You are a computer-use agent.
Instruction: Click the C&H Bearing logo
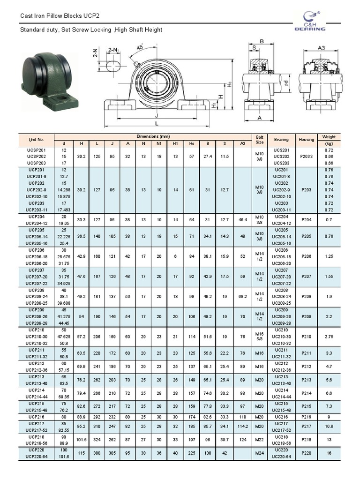click(309, 21)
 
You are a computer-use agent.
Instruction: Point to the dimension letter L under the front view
click(156, 124)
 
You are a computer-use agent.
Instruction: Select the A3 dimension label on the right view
click(322, 47)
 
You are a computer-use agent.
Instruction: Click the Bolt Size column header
click(260, 139)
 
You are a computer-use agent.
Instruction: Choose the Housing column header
click(306, 139)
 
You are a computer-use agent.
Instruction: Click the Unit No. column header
click(36, 139)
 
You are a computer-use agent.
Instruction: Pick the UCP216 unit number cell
click(36, 416)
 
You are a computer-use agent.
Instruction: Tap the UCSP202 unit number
click(36, 156)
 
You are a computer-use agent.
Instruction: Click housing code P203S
click(306, 156)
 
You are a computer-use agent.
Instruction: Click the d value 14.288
click(63, 189)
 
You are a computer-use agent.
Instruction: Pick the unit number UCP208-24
click(36, 297)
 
